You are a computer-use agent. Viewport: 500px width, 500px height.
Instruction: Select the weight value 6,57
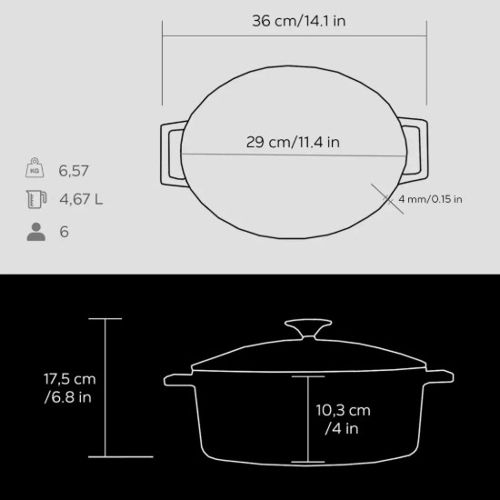74,170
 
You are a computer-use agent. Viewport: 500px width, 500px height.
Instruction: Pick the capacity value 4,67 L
80,200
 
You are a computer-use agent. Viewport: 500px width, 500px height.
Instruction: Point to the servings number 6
65,232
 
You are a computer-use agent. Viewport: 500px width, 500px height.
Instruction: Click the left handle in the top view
171,152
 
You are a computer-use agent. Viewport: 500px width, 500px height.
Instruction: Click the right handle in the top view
415,152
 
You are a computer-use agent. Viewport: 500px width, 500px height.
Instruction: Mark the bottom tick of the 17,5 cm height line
105,456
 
